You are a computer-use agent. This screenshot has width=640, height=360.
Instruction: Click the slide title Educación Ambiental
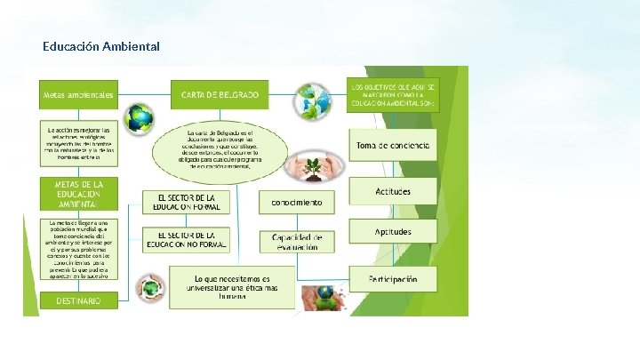(100, 45)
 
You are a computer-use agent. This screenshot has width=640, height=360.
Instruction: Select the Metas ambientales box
(78, 93)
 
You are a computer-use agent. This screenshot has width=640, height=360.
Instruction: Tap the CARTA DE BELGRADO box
(220, 93)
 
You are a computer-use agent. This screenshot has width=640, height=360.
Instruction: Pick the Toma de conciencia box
(392, 145)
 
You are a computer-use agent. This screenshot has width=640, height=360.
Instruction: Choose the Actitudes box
(392, 190)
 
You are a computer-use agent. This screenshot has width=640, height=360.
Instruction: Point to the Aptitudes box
(392, 232)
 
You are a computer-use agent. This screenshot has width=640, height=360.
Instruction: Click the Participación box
(392, 279)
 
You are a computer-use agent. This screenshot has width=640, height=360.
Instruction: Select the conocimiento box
(291, 202)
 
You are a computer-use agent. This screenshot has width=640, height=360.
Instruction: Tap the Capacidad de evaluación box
(291, 241)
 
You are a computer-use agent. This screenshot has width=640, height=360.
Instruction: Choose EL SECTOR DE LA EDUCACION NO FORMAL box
(186, 239)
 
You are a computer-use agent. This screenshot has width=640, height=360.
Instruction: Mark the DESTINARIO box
(78, 300)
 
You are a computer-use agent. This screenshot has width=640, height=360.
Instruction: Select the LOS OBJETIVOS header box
(392, 95)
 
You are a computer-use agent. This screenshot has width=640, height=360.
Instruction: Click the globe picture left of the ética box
(150, 287)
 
